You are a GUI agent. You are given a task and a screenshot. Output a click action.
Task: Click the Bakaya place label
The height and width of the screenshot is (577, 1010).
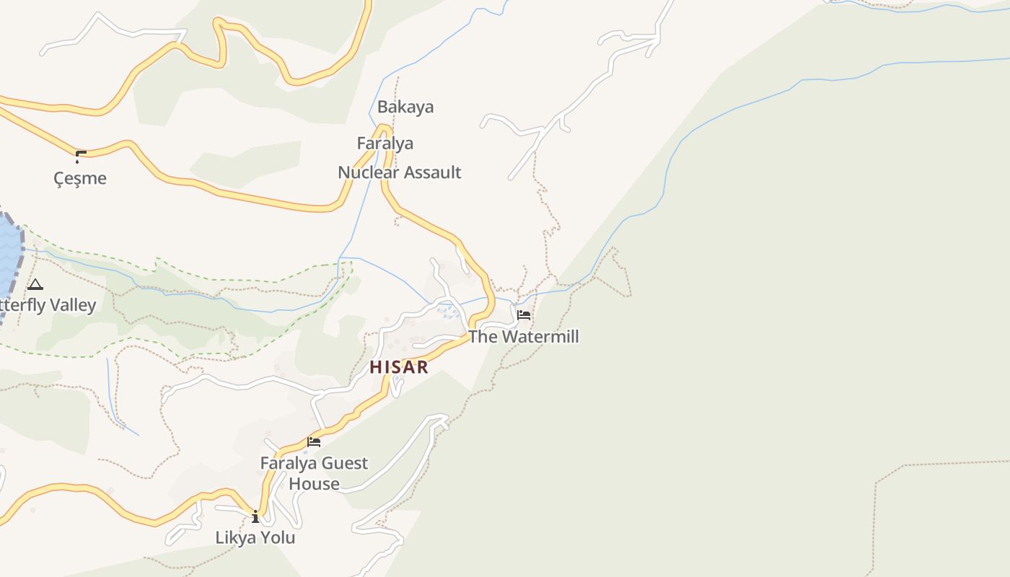(x=405, y=107)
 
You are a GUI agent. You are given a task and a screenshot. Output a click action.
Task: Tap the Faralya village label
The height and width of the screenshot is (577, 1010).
(x=385, y=143)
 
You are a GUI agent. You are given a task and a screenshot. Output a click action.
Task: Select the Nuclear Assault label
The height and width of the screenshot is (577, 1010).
(x=399, y=172)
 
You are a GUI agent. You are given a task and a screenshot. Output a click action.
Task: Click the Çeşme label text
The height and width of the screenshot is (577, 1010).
(x=80, y=178)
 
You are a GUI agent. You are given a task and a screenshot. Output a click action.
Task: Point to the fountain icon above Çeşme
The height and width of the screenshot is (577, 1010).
(x=80, y=156)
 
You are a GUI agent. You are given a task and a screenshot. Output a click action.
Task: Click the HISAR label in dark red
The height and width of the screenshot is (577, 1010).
(x=399, y=366)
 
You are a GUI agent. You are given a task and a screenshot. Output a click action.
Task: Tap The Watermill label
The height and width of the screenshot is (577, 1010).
(x=524, y=336)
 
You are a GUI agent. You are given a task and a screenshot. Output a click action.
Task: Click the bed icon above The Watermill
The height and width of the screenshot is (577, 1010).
(x=524, y=315)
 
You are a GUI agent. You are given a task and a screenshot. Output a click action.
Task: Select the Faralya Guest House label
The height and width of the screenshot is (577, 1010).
(x=314, y=472)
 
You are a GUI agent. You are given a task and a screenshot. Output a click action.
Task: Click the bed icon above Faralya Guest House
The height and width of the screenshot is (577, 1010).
(x=314, y=441)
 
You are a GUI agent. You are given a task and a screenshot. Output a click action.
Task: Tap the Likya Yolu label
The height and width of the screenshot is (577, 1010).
(x=255, y=537)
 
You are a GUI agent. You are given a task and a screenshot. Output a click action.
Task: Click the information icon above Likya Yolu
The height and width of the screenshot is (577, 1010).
(x=255, y=516)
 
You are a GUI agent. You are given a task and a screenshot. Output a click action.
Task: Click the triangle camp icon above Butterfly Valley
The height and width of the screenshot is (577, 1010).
(x=35, y=284)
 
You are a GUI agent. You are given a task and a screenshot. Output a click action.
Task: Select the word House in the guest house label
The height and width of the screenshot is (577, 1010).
(x=314, y=483)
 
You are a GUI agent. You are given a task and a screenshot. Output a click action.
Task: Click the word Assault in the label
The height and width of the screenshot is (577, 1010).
(x=432, y=172)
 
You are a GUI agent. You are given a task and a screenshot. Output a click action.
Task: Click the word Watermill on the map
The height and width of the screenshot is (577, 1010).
(x=540, y=336)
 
